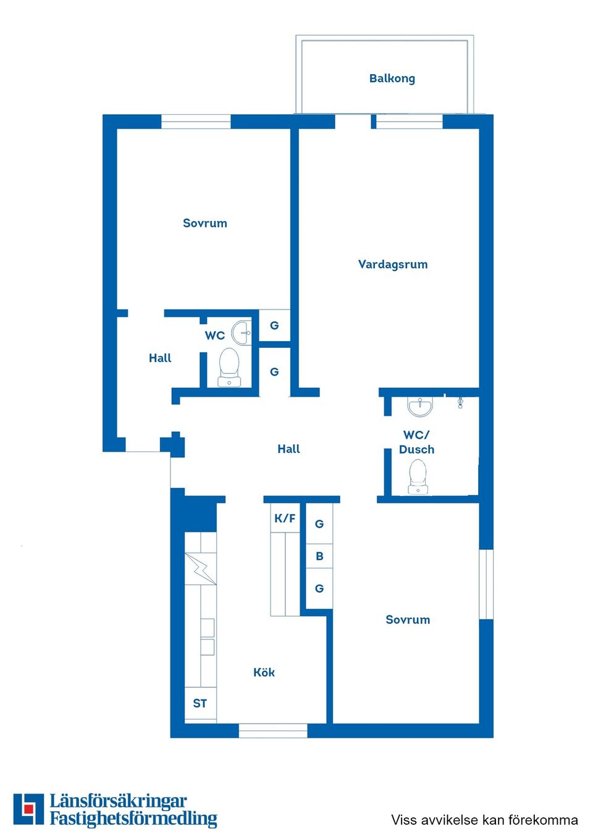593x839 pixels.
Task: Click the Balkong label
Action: [x=392, y=78]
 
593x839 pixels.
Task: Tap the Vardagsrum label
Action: [x=393, y=264]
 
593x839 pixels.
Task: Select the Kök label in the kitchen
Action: [x=264, y=672]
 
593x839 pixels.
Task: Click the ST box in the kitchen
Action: [x=200, y=703]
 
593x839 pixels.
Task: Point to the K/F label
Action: [x=285, y=518]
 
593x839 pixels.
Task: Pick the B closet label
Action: [x=319, y=556]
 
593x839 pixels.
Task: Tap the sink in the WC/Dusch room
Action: [x=420, y=407]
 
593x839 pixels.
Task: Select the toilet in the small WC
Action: [x=229, y=366]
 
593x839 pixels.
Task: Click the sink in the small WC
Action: [x=242, y=333]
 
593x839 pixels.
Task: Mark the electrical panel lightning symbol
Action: [x=200, y=568]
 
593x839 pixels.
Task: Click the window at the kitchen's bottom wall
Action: [x=273, y=731]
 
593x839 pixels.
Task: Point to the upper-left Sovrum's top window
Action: [x=196, y=122]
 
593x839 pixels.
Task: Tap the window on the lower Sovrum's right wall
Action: [x=486, y=584]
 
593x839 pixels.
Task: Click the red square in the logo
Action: [x=28, y=809]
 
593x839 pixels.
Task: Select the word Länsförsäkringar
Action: [x=118, y=801]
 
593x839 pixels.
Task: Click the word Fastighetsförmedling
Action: [x=133, y=819]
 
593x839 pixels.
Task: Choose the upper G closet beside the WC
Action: [x=274, y=326]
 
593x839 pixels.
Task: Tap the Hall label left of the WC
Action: [x=160, y=358]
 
